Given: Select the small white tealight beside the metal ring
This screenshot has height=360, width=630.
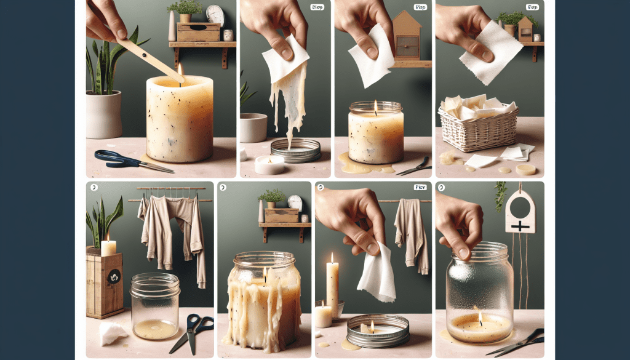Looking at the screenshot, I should pyautogui.click(x=269, y=164).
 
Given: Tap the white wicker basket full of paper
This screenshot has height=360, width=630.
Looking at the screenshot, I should pyautogui.click(x=479, y=126).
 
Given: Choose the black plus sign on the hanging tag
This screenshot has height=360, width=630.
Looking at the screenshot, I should pyautogui.click(x=520, y=226).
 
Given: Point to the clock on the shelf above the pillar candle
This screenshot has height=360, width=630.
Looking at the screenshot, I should pyautogui.click(x=215, y=15).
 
